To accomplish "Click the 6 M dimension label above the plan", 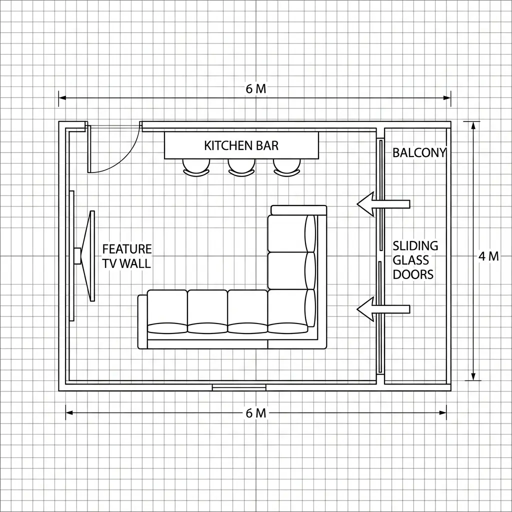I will [256, 89].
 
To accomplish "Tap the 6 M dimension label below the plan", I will [256, 413].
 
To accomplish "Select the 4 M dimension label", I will [488, 256].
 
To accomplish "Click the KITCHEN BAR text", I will [241, 145].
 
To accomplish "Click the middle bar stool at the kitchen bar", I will [241, 167].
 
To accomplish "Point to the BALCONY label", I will [419, 153].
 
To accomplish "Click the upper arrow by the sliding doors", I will [383, 203].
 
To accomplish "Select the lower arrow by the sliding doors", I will [383, 309].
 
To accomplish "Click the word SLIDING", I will [415, 245].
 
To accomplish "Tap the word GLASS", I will [411, 260].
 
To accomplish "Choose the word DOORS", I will [413, 274].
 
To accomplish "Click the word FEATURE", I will [127, 249].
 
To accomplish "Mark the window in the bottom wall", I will [239, 387].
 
